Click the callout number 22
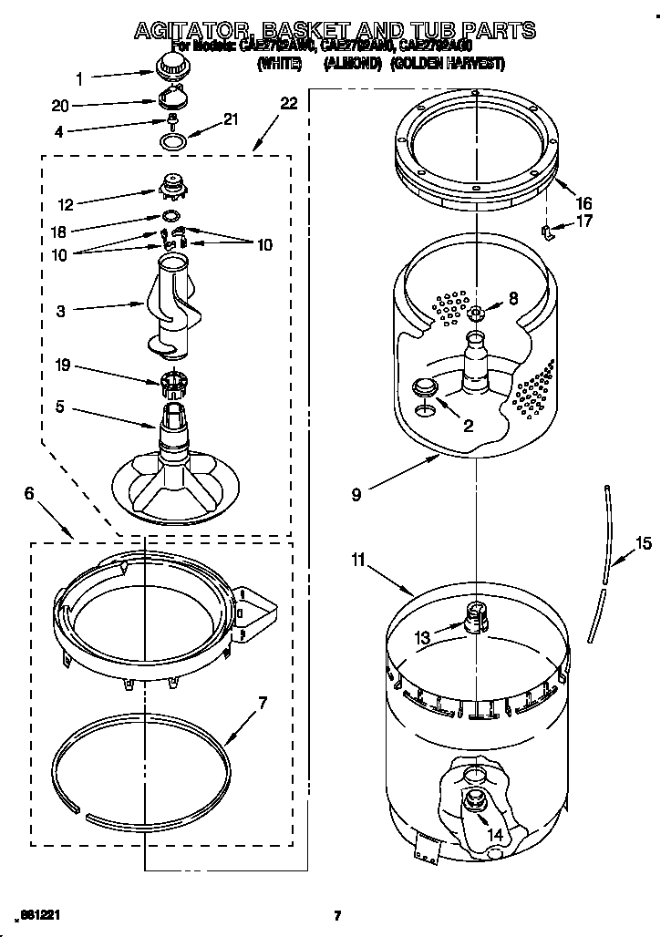288,104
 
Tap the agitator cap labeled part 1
169,65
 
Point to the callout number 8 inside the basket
512,297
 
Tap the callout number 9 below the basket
356,495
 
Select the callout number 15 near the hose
643,543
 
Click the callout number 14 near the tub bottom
493,833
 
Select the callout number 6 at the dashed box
29,493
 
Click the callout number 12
65,204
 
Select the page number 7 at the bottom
336,916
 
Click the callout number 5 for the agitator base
60,407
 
